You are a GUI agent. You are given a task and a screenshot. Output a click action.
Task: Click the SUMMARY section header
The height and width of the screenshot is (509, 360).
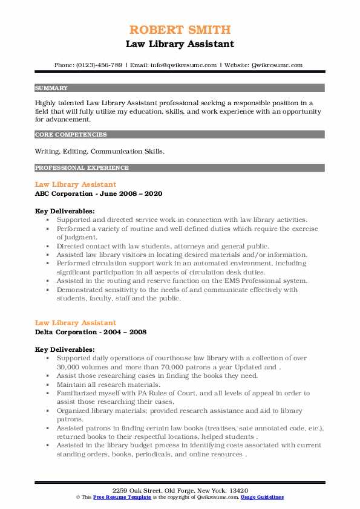click(x=51, y=88)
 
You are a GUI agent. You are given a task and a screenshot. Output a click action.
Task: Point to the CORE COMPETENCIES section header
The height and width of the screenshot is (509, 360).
click(x=71, y=135)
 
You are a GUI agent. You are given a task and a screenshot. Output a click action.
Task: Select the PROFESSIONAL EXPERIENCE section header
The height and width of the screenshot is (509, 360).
click(x=82, y=167)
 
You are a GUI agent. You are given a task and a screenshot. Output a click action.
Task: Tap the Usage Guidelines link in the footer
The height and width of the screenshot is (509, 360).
click(x=263, y=497)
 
